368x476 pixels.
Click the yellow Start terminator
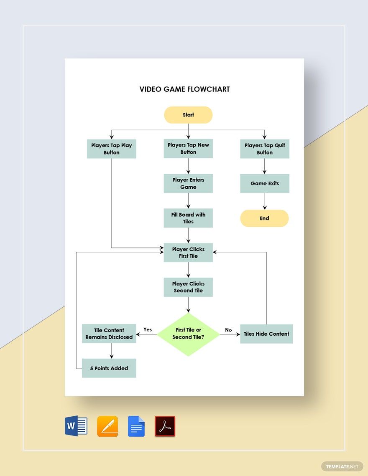[188, 115]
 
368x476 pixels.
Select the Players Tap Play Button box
[112, 149]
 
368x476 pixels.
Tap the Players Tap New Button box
[188, 149]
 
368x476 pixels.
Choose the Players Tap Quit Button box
[265, 149]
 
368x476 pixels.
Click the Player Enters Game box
[188, 183]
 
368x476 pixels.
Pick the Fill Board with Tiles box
[188, 218]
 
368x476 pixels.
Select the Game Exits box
[265, 183]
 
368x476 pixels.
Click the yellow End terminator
[264, 218]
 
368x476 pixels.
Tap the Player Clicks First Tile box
[188, 253]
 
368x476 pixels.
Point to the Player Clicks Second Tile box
[188, 287]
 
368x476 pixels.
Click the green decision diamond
[188, 334]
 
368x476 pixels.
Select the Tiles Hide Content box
[266, 334]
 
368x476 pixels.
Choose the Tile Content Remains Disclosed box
[109, 334]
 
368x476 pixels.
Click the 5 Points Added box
[109, 368]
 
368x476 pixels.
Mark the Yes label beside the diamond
[148, 329]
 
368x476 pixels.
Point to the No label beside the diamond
[228, 330]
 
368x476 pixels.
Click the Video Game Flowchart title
[184, 89]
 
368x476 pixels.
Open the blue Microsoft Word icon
[76, 426]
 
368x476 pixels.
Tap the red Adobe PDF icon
[165, 426]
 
